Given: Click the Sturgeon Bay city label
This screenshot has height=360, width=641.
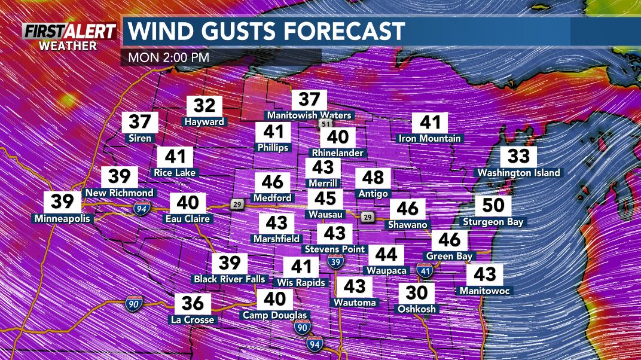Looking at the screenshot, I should pos(493,222).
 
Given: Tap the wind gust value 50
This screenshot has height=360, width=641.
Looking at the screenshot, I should pos(493,205).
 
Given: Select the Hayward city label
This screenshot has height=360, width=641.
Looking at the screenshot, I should pos(204,121).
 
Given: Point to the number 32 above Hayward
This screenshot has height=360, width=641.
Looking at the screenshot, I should pos(204,106).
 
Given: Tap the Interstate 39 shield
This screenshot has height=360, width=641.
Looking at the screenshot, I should pos(335,261).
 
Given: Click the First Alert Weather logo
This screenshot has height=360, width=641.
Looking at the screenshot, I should pos(69,36).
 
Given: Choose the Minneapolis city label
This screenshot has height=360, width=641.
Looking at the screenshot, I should pos(62,218).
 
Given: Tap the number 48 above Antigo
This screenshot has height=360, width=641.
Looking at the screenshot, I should pos(373,178).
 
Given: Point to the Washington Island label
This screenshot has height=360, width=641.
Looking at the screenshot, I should pos(518,173).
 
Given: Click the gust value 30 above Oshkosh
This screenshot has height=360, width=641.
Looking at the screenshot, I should pos(417,293).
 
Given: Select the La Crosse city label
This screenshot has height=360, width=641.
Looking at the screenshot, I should pos(191,320).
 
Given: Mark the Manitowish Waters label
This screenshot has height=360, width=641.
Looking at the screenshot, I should pos(309,115).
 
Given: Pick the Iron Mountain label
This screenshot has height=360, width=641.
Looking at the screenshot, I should pos(430,138).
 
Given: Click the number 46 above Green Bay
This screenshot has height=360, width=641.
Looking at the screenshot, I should pos(449,240).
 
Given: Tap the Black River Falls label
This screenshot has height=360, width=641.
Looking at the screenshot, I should pos(229,279).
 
